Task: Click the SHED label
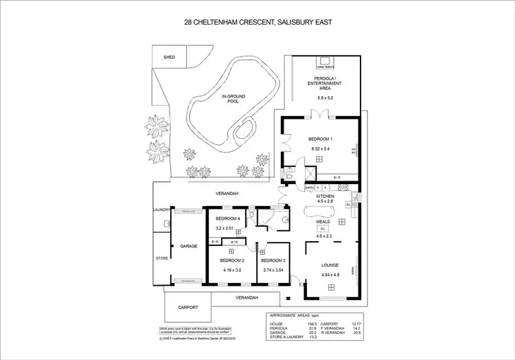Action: [169, 58]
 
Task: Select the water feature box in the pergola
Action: [324, 67]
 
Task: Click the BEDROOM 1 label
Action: [320, 139]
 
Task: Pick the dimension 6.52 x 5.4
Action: [320, 149]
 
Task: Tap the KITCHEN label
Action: [325, 196]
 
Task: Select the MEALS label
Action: [323, 222]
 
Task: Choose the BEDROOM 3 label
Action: [273, 261]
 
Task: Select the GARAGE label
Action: [189, 245]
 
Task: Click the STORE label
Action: [161, 258]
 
